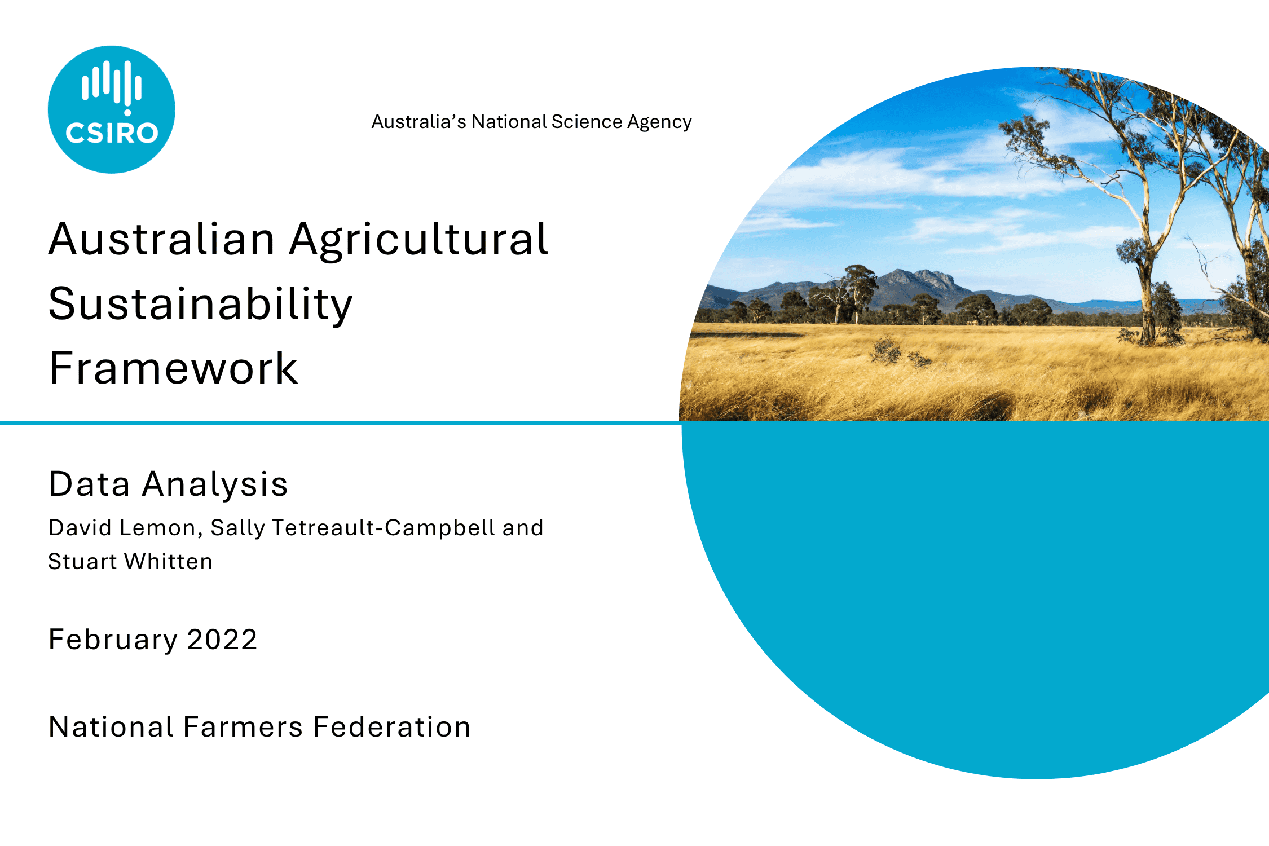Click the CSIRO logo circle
pyautogui.click(x=112, y=109)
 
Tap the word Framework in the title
pyautogui.click(x=174, y=368)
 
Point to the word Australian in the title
pyautogui.click(x=162, y=239)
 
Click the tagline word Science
pyautogui.click(x=587, y=122)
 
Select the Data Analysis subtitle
pyautogui.click(x=169, y=484)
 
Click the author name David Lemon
pyautogui.click(x=122, y=528)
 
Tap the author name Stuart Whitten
pyautogui.click(x=130, y=562)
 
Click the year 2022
pyautogui.click(x=222, y=640)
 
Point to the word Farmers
pyautogui.click(x=243, y=726)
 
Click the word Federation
pyautogui.click(x=391, y=726)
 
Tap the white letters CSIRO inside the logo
pyautogui.click(x=112, y=133)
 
